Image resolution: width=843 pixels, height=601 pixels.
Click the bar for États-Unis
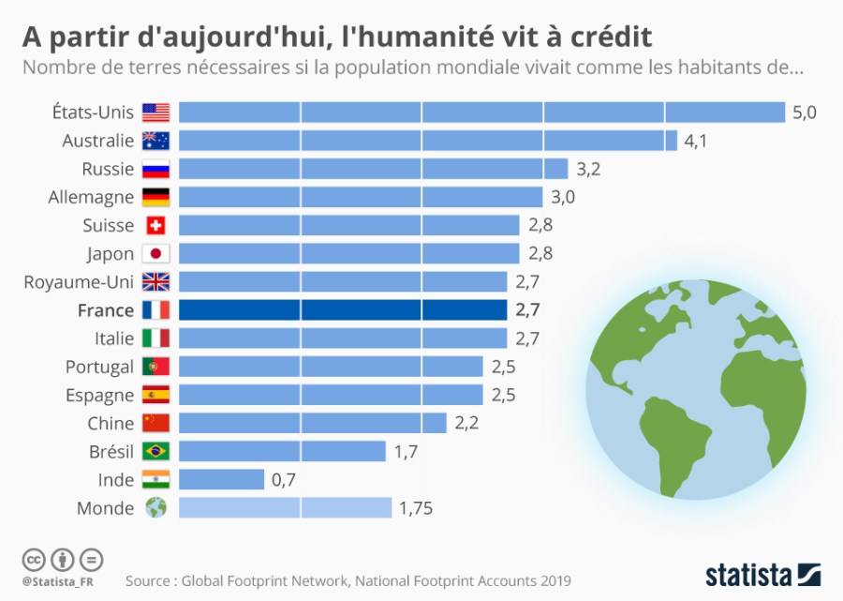[481, 113]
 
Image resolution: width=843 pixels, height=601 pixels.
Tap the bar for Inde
[221, 479]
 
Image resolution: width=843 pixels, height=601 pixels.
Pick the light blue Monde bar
[285, 507]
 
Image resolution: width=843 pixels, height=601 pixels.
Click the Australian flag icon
[155, 141]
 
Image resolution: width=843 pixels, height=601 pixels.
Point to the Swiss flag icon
[155, 225]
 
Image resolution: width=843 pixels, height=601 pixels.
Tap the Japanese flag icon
[155, 253]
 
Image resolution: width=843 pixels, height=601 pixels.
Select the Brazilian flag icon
[155, 451]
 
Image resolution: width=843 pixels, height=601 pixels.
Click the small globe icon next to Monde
[155, 507]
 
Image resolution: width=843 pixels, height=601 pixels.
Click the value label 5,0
[805, 113]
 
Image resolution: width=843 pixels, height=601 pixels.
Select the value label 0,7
[283, 480]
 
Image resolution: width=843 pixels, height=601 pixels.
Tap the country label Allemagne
[91, 197]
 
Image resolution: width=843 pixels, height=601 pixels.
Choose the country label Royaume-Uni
[80, 281]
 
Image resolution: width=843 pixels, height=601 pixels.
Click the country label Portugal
[99, 367]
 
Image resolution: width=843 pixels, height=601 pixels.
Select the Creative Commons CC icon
[33, 560]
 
